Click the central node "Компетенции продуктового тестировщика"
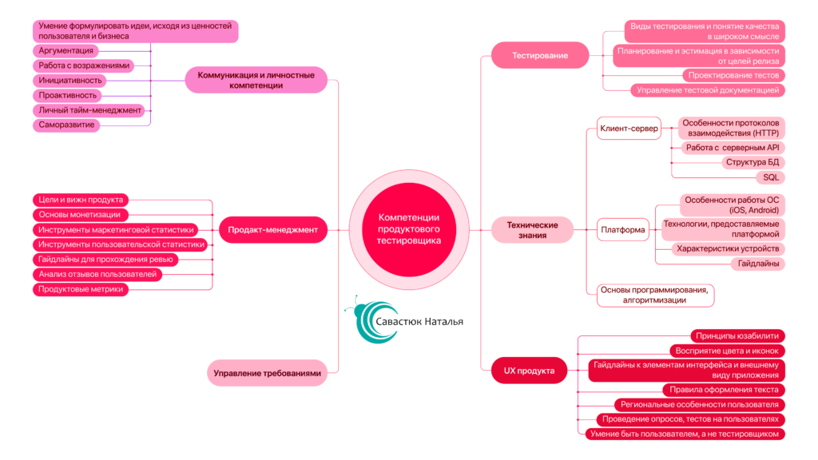tap(409, 229)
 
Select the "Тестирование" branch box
tap(541, 56)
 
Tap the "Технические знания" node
tap(532, 230)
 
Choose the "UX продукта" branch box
tap(523, 371)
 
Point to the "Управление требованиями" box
tap(268, 373)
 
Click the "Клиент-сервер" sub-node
tap(629, 128)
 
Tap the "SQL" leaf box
tap(771, 177)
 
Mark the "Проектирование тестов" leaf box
tap(735, 75)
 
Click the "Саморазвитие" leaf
tap(66, 125)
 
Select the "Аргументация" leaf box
tap(66, 50)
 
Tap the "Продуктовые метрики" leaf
tap(81, 289)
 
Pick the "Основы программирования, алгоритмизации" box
tap(655, 295)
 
